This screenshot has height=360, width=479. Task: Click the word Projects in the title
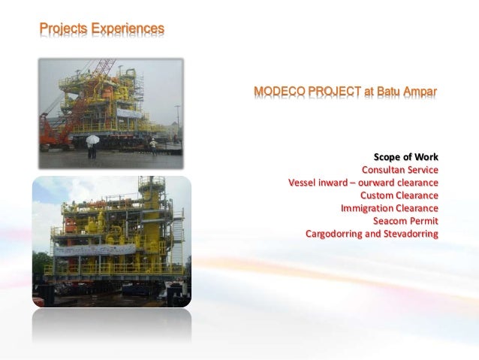click(64, 29)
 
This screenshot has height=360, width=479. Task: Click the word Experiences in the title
click(128, 29)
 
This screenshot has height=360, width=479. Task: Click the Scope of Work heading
click(406, 157)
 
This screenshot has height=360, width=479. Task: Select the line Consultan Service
click(400, 170)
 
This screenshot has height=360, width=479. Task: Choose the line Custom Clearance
click(399, 195)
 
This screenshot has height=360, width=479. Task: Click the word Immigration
click(367, 208)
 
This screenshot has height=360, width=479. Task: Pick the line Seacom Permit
click(405, 221)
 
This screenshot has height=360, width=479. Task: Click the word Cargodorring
click(334, 234)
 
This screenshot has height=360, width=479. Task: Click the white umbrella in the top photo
click(92, 140)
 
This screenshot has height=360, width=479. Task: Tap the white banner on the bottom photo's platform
click(95, 250)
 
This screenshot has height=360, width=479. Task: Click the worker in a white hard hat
click(153, 147)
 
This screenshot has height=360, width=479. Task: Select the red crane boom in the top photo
click(101, 71)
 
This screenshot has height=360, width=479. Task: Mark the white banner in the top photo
click(129, 113)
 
